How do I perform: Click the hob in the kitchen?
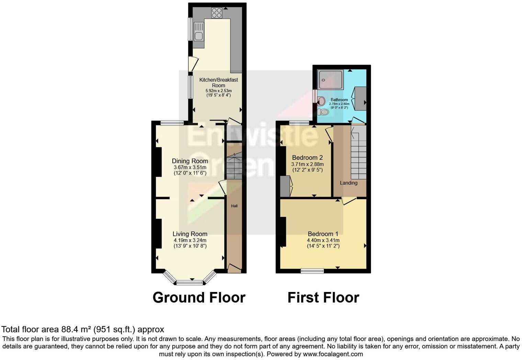[x=217, y=13]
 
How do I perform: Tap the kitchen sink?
[x=198, y=31]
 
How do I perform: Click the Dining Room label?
[x=190, y=161]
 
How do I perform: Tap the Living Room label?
[x=190, y=234]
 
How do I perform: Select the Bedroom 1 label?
[x=323, y=234]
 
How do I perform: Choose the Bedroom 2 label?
[x=307, y=158]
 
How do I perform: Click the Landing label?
[x=349, y=183]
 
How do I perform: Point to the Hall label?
[x=234, y=206]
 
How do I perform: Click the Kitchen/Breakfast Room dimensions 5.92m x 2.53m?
[x=218, y=91]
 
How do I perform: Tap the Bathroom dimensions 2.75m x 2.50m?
[x=339, y=104]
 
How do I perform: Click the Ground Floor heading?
[x=199, y=297]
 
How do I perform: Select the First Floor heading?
[x=323, y=297]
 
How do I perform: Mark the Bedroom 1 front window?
[x=312, y=271]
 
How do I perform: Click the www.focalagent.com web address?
[x=333, y=354]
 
